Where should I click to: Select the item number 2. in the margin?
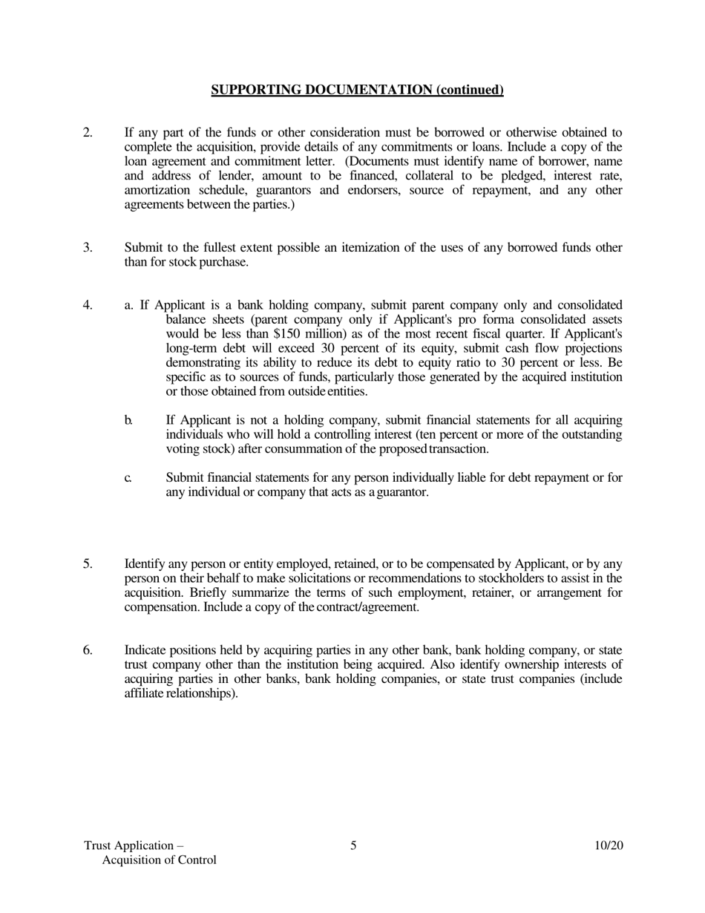[x=88, y=133]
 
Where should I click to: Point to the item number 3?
[x=88, y=248]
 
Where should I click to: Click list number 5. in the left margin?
[x=88, y=564]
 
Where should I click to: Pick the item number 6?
[x=88, y=651]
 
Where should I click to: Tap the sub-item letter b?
[x=128, y=421]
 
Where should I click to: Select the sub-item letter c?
[x=128, y=478]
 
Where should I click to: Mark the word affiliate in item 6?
[x=144, y=694]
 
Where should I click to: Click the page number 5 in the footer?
[x=353, y=845]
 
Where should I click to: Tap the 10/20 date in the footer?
[x=609, y=845]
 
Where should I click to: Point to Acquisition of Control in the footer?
[x=159, y=860]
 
